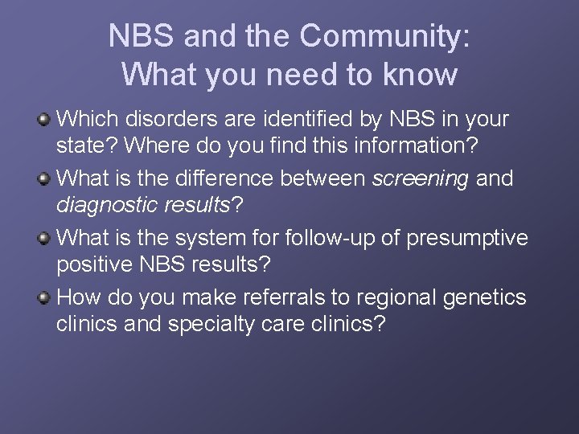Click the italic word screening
pyautogui.click(x=420, y=179)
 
